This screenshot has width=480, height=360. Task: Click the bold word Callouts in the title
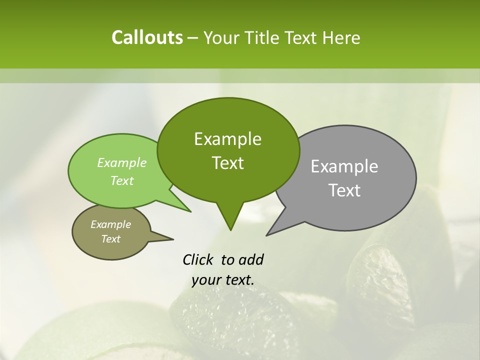(147, 37)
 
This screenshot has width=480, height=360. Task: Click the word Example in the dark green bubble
(227, 139)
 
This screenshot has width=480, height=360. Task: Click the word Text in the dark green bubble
(227, 163)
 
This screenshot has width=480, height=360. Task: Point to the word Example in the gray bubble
(344, 166)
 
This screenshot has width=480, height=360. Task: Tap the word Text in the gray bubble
(344, 190)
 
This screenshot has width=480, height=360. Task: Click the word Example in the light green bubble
(122, 162)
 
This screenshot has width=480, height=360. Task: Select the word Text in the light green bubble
(122, 180)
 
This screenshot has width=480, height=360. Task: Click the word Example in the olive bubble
(110, 224)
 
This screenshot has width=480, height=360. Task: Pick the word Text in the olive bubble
(110, 239)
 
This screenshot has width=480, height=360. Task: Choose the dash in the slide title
(193, 38)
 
